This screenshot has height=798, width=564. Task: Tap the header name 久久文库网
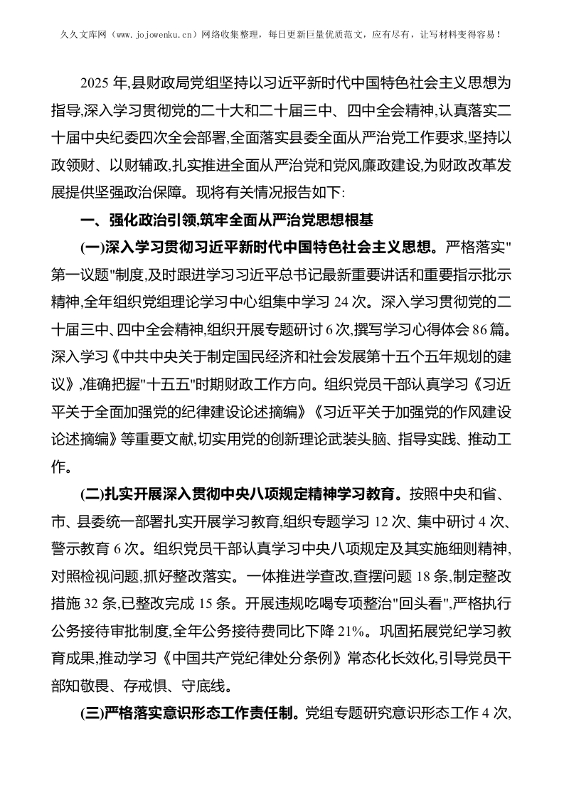pyautogui.click(x=72, y=33)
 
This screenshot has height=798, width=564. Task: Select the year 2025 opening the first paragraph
pyautogui.click(x=93, y=84)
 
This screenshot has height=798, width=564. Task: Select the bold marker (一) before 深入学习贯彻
pyautogui.click(x=93, y=248)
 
